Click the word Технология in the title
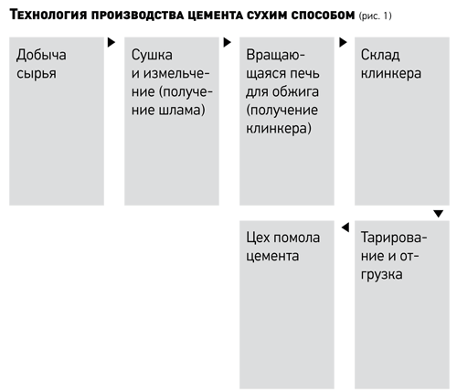coord(48,15)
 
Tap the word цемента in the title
coord(215,15)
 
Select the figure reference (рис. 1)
coord(375,16)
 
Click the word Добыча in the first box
coord(41,56)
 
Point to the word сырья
coord(37,74)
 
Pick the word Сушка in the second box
coord(152,55)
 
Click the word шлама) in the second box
coord(182,110)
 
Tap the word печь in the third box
coord(304,73)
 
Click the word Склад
coord(380,55)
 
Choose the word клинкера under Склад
coord(391,73)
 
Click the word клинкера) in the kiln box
coord(279,128)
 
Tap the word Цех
coord(255,238)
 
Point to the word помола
coord(293,238)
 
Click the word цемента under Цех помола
coord(272,256)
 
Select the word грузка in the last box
coord(382,274)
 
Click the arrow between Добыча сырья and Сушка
coord(112,42)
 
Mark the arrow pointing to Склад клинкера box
coord(343,42)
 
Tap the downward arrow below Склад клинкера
coord(439,214)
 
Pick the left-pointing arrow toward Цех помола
coord(345,228)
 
